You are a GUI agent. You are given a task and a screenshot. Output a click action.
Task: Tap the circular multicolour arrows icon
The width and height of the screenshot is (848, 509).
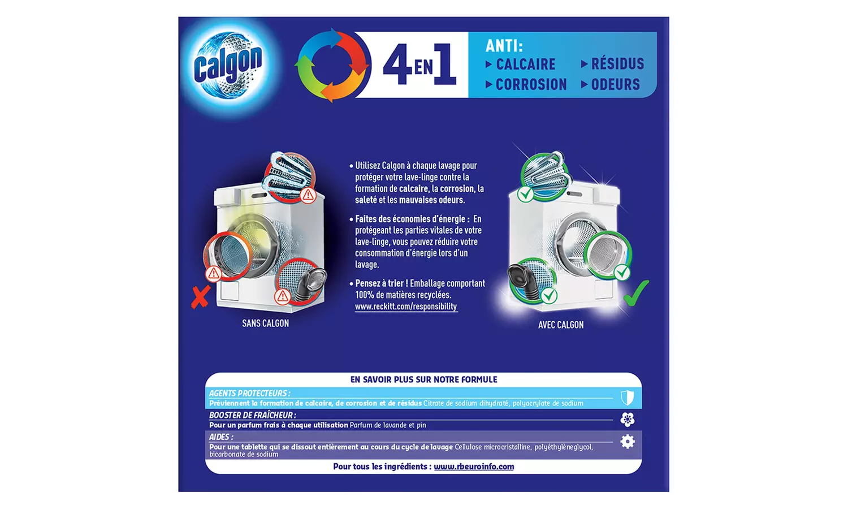(x=332, y=65)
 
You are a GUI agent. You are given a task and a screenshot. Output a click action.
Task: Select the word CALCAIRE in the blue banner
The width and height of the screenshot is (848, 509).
(x=525, y=64)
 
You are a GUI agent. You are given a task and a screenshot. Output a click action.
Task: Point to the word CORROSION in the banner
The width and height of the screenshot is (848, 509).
(x=531, y=85)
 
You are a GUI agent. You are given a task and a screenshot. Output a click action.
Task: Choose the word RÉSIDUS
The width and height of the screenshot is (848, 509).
(x=617, y=64)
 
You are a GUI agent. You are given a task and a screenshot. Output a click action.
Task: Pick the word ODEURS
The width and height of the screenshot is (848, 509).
(x=615, y=85)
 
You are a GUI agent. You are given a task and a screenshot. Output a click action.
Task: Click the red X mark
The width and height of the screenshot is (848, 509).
(x=200, y=296)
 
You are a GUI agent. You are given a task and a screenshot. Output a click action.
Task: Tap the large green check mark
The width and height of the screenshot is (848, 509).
(x=636, y=293)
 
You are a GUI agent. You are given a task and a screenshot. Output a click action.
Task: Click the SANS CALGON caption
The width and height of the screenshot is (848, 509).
(x=265, y=323)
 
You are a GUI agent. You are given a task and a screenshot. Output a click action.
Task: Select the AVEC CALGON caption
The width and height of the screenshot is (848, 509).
(x=561, y=325)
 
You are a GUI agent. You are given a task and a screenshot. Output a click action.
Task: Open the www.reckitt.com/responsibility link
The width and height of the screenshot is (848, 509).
(x=406, y=307)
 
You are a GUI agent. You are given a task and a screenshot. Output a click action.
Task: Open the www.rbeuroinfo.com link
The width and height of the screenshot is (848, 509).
(x=474, y=467)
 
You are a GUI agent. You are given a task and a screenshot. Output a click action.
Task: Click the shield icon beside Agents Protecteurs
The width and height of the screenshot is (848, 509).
(x=628, y=398)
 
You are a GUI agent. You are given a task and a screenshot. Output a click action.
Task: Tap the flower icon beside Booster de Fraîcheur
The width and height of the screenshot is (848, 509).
(x=628, y=419)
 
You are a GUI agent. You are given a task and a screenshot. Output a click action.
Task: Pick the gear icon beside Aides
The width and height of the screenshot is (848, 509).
(x=628, y=442)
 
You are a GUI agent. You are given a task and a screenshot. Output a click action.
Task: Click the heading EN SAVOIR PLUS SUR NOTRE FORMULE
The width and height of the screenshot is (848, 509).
(x=423, y=379)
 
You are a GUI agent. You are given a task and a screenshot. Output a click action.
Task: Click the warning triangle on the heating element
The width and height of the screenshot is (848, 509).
(x=308, y=196)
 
